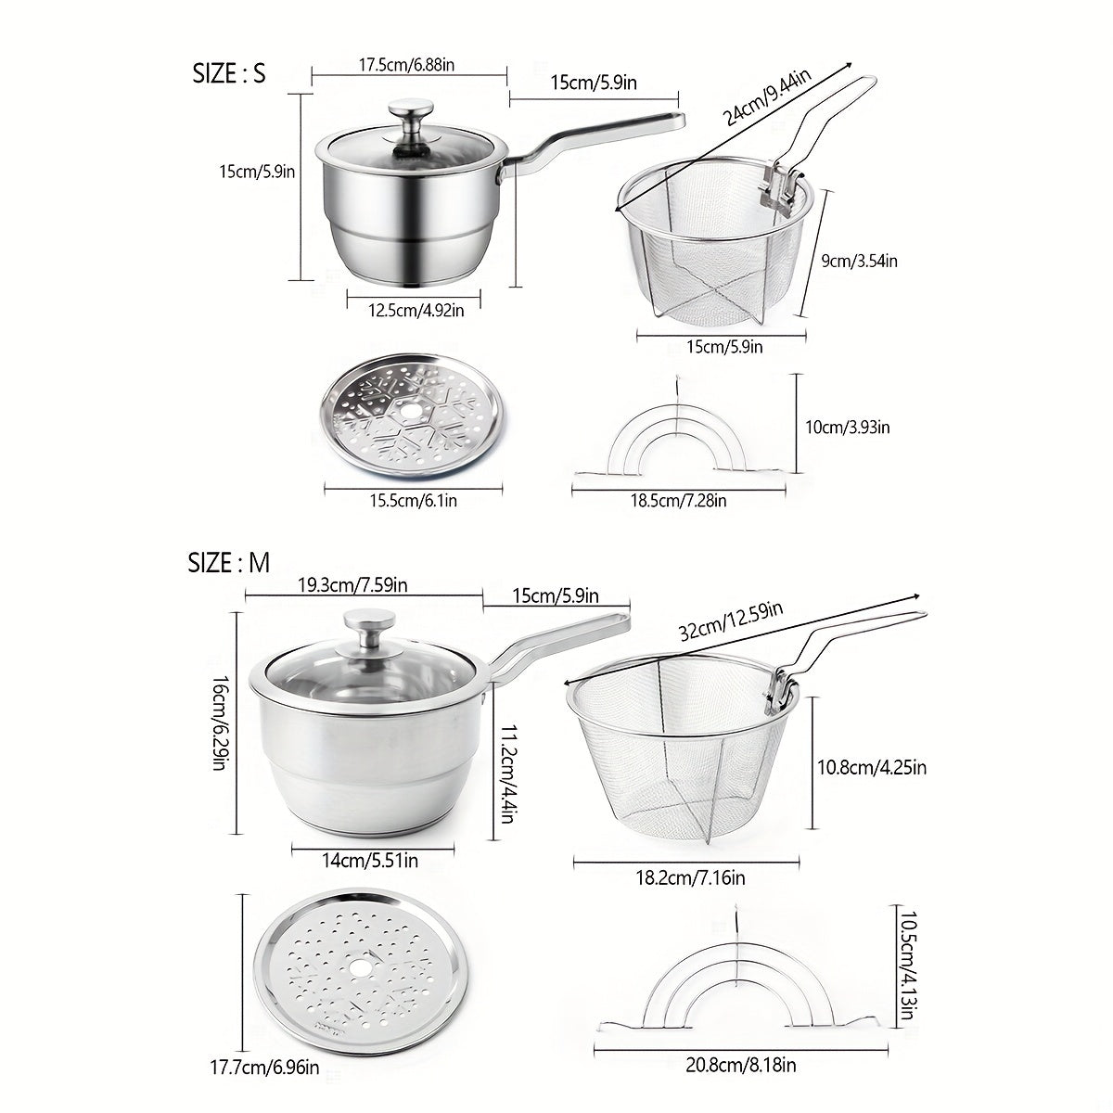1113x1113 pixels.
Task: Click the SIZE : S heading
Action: click(x=229, y=74)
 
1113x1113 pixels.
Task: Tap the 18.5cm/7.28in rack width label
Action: click(x=679, y=500)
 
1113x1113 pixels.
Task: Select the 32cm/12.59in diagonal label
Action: click(x=732, y=621)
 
